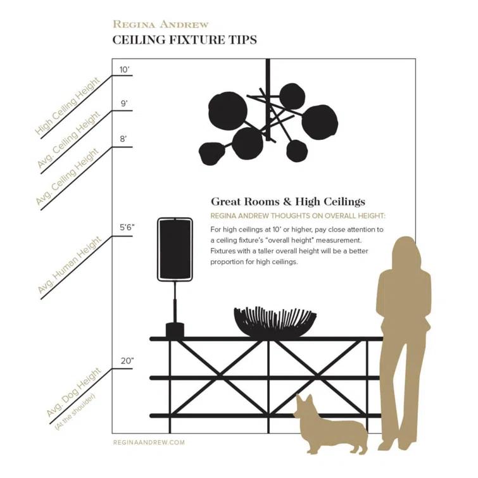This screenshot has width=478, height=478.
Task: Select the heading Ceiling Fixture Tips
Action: [184, 40]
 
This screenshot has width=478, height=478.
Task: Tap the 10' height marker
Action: [124, 70]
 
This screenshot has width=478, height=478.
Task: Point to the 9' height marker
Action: [124, 103]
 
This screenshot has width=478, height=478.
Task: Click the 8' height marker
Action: [123, 139]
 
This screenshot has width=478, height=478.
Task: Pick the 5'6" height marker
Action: [128, 227]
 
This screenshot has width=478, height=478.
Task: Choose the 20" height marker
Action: [127, 361]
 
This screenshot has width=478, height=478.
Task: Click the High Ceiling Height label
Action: [68, 108]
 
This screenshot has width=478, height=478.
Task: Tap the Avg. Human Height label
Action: [70, 267]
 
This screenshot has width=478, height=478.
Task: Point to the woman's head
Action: [405, 251]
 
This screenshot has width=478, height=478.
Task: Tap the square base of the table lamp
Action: [174, 330]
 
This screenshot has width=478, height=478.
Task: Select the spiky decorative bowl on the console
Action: [275, 322]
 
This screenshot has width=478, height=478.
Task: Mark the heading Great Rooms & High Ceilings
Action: [287, 202]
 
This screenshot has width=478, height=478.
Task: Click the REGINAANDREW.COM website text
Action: [148, 443]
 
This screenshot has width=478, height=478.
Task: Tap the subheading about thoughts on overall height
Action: [298, 216]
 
